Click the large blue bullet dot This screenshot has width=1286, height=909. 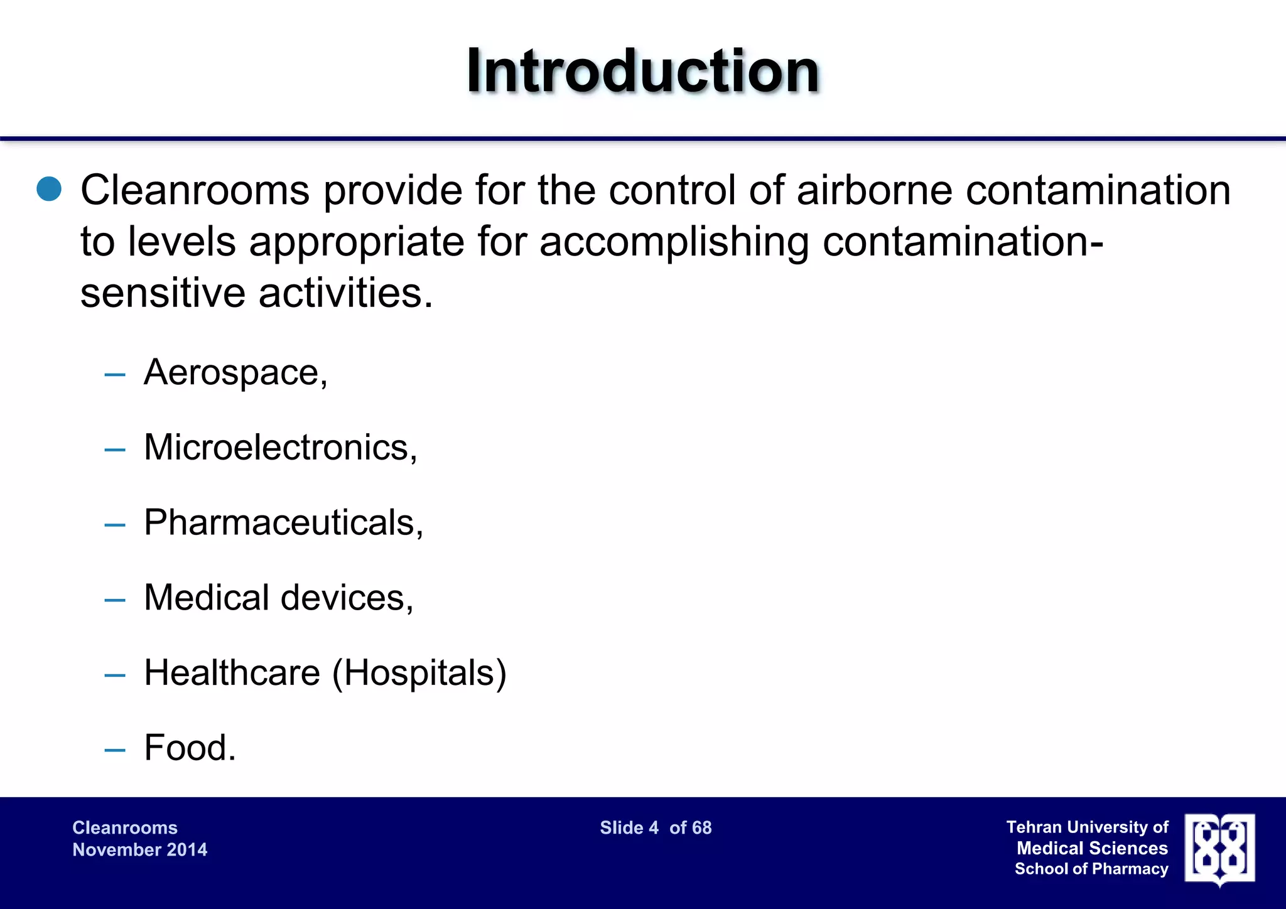click(x=49, y=189)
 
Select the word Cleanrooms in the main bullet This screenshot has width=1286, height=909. click(x=195, y=190)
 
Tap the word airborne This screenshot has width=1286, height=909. click(x=874, y=190)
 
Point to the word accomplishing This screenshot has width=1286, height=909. click(x=674, y=242)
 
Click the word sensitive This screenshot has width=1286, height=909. click(x=163, y=293)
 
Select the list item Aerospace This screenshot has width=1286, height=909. click(x=235, y=372)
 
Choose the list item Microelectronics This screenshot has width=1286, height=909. click(x=280, y=448)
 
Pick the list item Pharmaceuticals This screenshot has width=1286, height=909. click(x=283, y=523)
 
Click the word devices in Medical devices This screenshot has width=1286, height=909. click(x=346, y=598)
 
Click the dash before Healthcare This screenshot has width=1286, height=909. click(x=115, y=675)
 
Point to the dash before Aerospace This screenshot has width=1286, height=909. click(x=115, y=375)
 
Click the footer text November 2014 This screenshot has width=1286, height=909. click(x=139, y=850)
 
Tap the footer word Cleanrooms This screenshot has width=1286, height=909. click(x=125, y=827)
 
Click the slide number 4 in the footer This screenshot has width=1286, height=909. click(x=654, y=827)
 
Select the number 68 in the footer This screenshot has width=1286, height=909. click(x=702, y=827)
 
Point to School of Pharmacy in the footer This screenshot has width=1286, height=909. click(x=1091, y=869)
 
